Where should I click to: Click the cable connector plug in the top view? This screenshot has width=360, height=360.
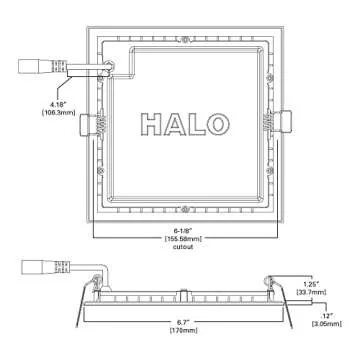point(34,67)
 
